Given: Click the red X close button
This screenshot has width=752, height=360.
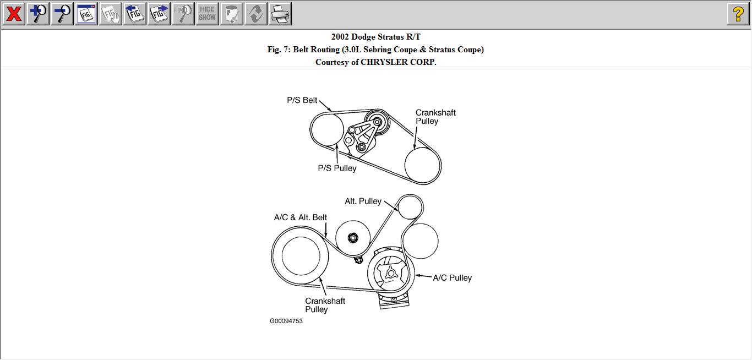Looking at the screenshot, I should [x=13, y=14].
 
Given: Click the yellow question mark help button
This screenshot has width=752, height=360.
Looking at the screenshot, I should [x=738, y=14].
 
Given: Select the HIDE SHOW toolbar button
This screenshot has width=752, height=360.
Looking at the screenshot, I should [x=207, y=14].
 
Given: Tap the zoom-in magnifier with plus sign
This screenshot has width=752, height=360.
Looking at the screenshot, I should [x=37, y=14].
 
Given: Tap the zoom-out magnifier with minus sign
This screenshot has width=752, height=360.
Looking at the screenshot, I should [x=62, y=14].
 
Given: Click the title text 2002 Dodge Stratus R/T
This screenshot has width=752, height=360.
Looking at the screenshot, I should [x=375, y=37].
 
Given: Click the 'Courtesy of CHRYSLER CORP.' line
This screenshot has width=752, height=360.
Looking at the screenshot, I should [x=375, y=62].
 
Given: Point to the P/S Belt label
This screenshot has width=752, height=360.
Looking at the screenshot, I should [x=302, y=100].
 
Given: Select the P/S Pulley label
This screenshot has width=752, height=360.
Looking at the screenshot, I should [x=337, y=168].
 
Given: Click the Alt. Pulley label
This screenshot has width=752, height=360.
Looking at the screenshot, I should [x=363, y=201].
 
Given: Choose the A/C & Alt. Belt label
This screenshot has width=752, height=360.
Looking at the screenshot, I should [x=301, y=217].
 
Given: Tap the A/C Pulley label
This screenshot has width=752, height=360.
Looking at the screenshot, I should [x=452, y=278].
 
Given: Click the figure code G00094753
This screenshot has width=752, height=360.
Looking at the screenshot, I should [x=286, y=321].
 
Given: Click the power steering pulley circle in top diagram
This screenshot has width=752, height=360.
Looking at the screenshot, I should [x=327, y=129].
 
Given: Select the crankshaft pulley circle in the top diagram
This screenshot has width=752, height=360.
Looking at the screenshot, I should [x=423, y=165].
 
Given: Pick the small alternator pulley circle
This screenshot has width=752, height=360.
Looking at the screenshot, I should [x=410, y=207].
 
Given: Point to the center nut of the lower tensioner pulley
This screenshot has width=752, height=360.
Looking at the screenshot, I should [x=353, y=238].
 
